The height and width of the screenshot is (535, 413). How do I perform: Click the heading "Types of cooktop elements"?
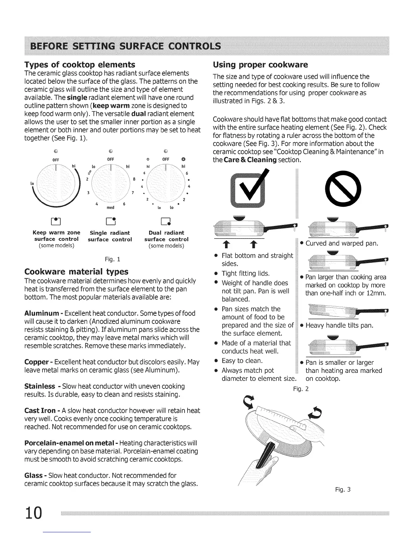click(80, 65)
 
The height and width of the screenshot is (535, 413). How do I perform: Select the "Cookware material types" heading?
click(76, 272)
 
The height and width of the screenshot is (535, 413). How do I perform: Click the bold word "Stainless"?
click(40, 386)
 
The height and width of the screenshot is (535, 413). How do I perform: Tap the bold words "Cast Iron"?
click(40, 411)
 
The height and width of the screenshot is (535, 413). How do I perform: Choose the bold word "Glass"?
click(33, 476)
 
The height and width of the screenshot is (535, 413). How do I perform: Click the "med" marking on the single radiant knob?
click(110, 207)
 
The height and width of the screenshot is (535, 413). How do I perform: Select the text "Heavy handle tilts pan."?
click(339, 326)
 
